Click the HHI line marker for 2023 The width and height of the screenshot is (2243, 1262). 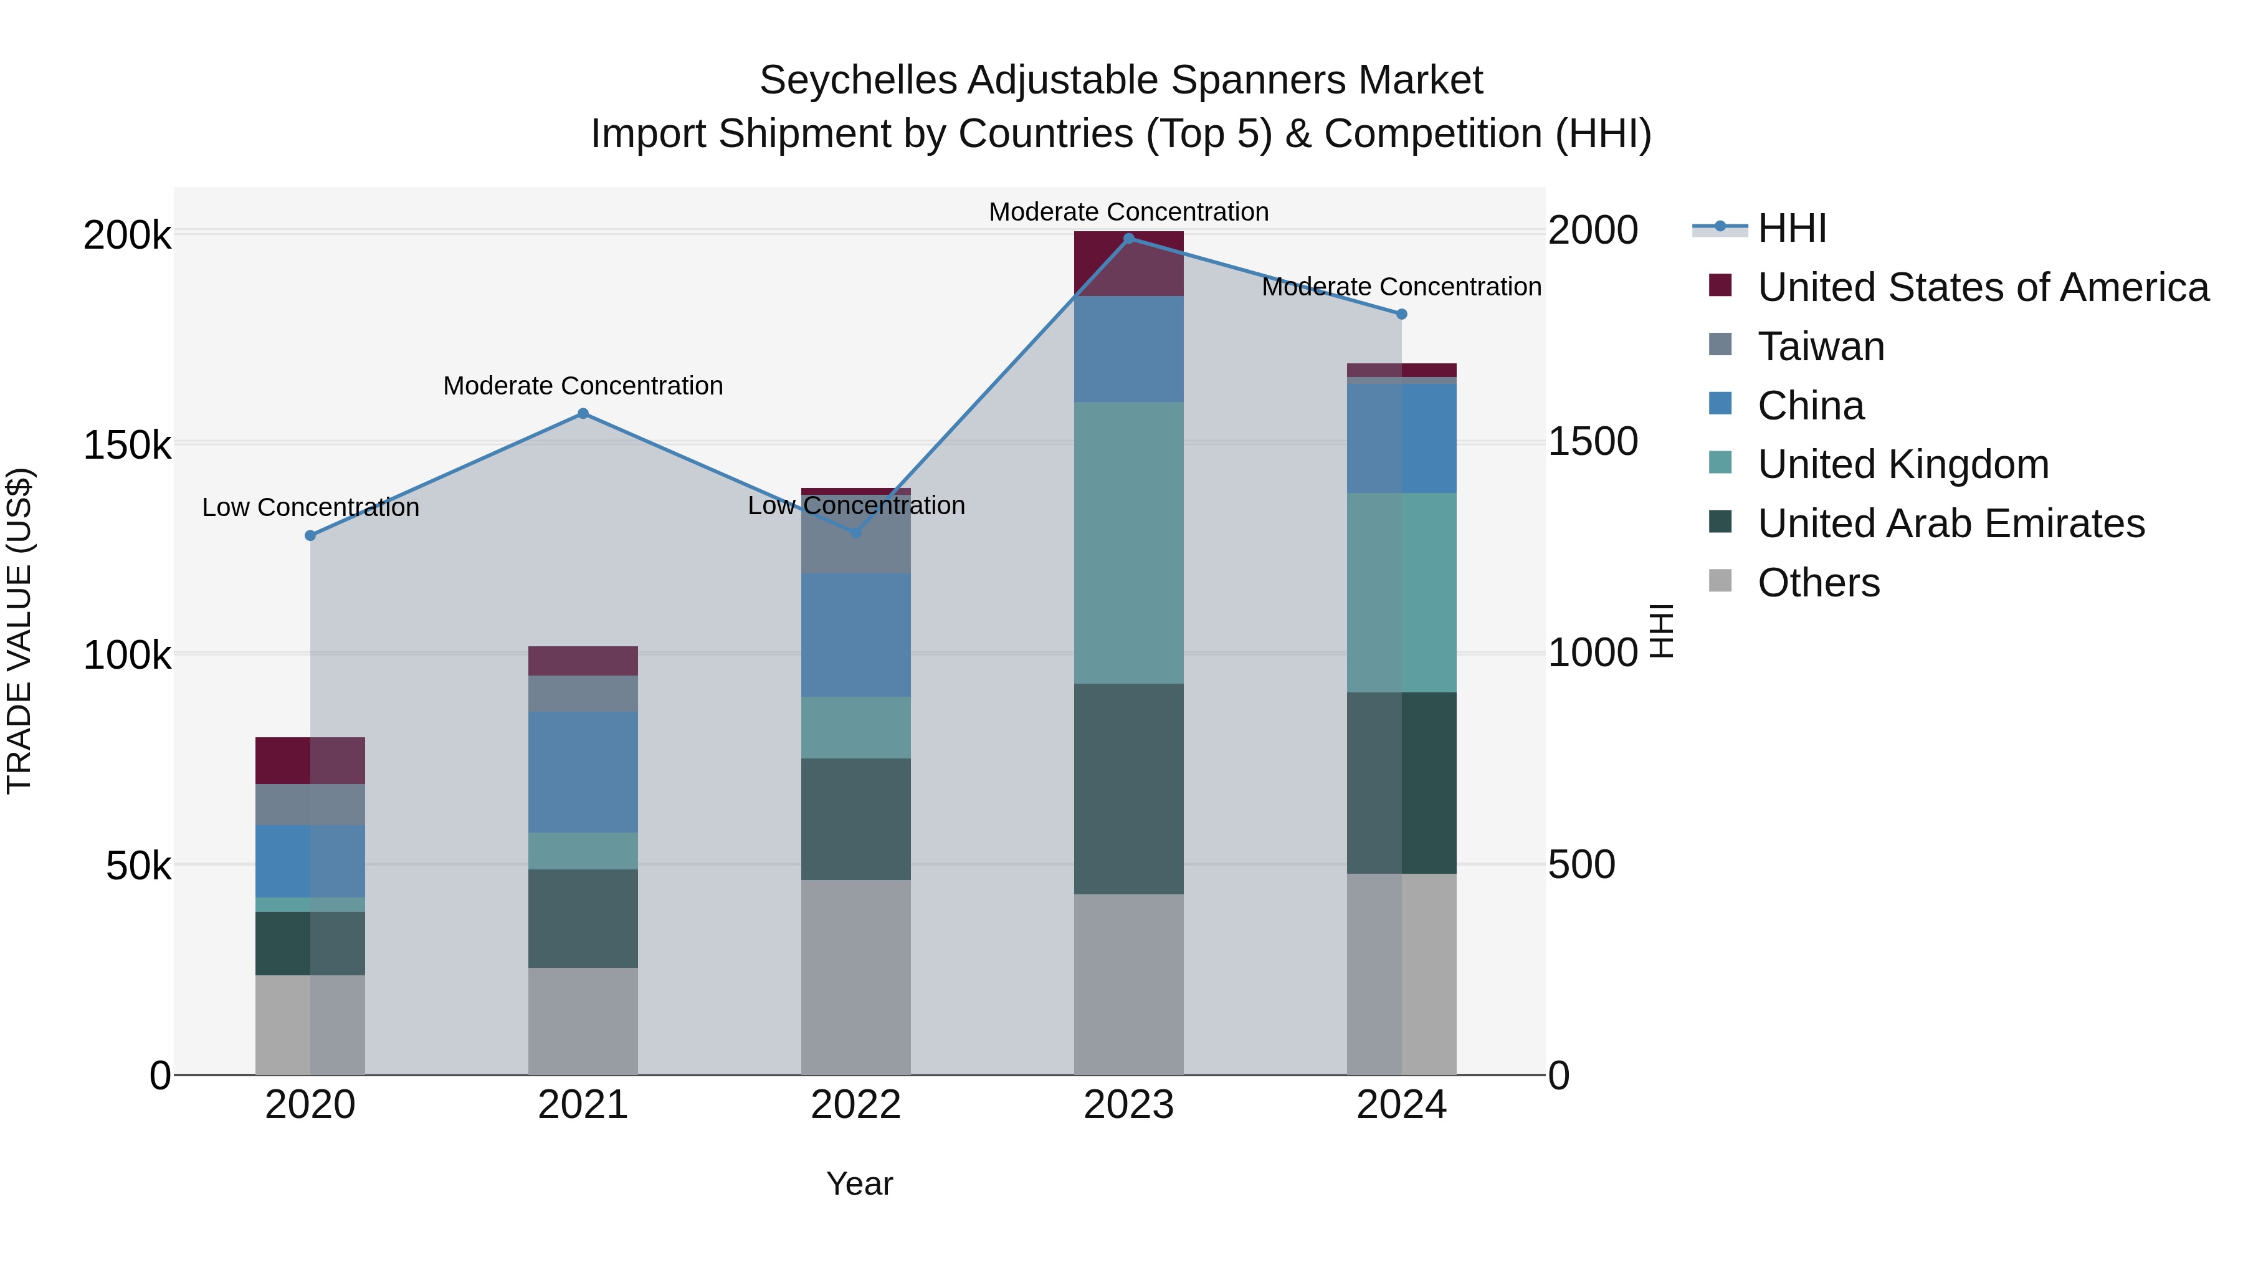click(1128, 238)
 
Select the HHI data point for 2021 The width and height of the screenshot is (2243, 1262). click(583, 414)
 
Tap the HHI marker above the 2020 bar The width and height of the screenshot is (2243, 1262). click(310, 535)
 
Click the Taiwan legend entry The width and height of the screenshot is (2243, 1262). click(1821, 347)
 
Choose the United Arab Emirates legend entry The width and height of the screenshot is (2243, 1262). click(1950, 523)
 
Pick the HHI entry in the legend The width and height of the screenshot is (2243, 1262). click(1791, 229)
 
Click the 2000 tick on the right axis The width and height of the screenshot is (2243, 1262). click(1593, 231)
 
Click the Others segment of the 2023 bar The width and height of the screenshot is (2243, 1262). click(1128, 984)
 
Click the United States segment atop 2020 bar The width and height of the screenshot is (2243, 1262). click(310, 760)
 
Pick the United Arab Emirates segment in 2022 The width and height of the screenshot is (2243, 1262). click(855, 819)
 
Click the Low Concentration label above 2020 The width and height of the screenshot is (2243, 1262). click(310, 508)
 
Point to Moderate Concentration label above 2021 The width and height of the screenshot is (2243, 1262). click(583, 386)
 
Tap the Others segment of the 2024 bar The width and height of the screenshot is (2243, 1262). click(1401, 973)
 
